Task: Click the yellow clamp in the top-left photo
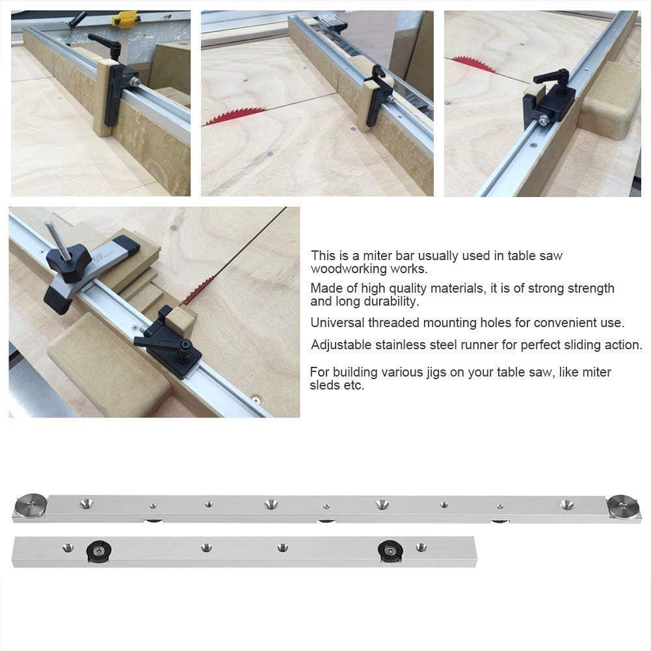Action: [x=125, y=19]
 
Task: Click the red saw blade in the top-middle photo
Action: [x=234, y=116]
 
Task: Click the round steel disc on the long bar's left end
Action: [x=31, y=505]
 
